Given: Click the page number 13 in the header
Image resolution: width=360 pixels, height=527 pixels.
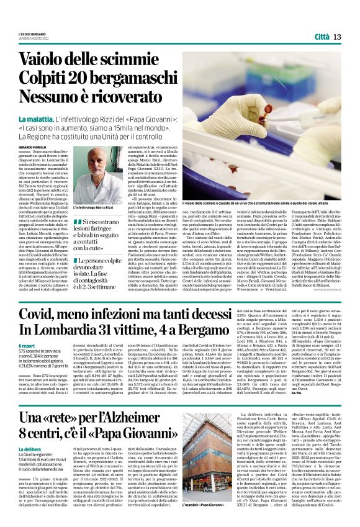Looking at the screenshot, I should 338,37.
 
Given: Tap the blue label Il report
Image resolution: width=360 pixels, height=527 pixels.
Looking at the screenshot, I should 27,347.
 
